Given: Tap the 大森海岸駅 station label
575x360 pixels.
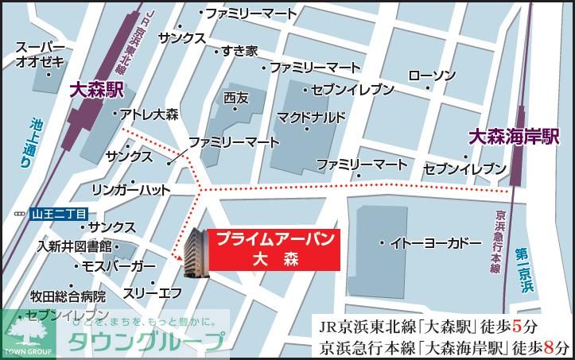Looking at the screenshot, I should [x=513, y=137].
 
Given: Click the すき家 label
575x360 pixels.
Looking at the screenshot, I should [x=239, y=51].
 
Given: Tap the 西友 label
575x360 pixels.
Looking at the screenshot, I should [x=236, y=98].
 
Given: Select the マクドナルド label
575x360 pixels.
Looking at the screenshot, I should [x=312, y=118].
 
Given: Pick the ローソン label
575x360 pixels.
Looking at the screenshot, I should [x=432, y=75].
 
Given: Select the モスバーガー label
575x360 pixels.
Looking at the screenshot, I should [x=119, y=265].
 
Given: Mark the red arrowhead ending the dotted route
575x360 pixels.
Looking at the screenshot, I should [x=177, y=256].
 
